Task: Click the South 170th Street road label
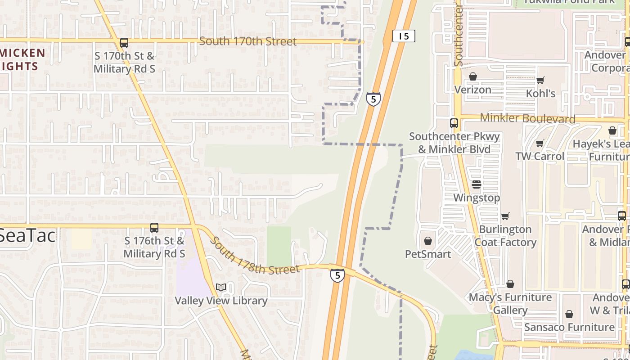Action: coord(248,41)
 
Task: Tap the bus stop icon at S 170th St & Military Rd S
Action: coord(124,43)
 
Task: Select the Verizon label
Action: coord(472,90)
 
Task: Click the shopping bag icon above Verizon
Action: coord(473,77)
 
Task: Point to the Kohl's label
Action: coord(541,94)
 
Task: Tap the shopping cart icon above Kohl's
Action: coord(540,81)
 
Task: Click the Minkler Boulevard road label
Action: coord(528,118)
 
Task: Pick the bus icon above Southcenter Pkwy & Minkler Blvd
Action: coord(454,123)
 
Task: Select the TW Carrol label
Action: coord(540,156)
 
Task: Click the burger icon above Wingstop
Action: coord(477,184)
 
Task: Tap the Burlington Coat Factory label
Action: coord(505,236)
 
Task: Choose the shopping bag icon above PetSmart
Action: coord(428,241)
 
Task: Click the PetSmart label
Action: coord(428,254)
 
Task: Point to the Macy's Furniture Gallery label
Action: coord(510,304)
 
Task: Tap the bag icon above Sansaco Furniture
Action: coord(569,314)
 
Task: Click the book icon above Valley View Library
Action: coord(221,287)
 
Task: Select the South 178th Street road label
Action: coord(254,256)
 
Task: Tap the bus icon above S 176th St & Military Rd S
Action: coord(154,228)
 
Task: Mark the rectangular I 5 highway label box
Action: coord(404,36)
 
